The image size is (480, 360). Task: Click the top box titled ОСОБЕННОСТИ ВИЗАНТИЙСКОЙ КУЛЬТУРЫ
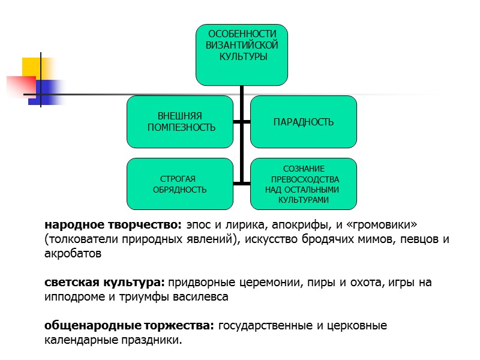click(242, 54)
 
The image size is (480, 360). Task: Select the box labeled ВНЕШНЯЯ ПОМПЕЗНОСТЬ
click(180, 122)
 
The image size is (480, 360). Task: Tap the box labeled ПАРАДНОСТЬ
click(303, 122)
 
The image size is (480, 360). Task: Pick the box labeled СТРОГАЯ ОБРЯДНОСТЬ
click(180, 184)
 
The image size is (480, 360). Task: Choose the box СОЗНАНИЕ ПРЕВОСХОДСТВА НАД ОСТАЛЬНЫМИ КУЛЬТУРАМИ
click(303, 184)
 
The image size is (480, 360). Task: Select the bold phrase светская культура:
click(104, 282)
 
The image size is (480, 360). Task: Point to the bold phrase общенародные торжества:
click(130, 326)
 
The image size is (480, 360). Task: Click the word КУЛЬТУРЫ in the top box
click(242, 56)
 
